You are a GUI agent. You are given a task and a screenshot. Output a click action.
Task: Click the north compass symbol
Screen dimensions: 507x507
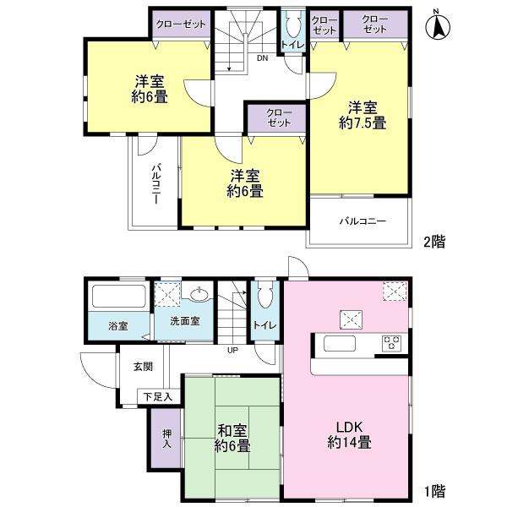pos(440,25)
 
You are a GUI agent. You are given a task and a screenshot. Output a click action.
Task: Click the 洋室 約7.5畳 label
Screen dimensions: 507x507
pos(364,115)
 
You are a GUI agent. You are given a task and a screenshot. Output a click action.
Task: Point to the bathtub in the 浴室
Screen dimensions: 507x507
pos(117,297)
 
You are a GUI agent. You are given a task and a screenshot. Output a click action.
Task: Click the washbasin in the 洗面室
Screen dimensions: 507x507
pos(200,295)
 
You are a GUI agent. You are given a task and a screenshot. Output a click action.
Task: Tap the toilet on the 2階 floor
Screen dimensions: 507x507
pos(293,25)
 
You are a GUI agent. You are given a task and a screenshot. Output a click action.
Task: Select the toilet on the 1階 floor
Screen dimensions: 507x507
pos(264,297)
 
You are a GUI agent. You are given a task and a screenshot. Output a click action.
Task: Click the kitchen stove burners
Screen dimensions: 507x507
pos(393,343)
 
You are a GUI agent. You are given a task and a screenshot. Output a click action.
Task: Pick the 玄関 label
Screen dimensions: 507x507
pos(143,367)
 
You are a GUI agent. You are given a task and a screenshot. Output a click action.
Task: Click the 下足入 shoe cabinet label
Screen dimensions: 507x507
pos(157,395)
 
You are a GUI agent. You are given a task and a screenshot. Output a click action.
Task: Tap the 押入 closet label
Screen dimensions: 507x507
pos(166,437)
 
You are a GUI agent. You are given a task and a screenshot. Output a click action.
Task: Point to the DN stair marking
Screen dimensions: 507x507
pos(263,59)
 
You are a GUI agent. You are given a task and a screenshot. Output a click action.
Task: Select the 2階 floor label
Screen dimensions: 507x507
pos(434,242)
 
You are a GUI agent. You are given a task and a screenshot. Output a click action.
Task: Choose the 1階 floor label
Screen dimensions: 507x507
pos(434,490)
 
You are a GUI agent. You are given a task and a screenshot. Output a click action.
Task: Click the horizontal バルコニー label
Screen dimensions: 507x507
pos(363,221)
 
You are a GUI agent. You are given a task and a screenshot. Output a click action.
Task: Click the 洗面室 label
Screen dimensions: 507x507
pos(183,322)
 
